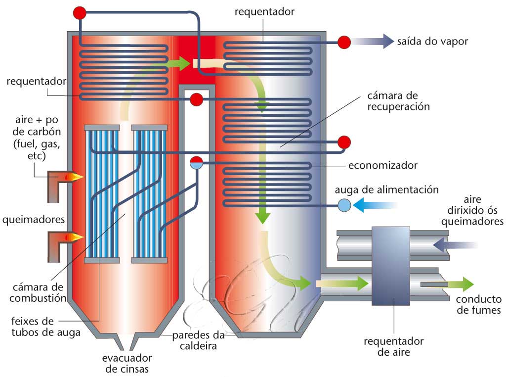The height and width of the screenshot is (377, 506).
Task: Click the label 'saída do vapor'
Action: pos(432,42)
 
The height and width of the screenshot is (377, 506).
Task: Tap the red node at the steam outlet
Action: pos(344,43)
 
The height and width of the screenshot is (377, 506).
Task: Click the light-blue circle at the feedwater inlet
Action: pos(344,204)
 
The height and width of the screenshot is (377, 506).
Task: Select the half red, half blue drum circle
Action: pos(197,163)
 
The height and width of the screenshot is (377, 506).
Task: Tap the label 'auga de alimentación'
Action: pos(386,189)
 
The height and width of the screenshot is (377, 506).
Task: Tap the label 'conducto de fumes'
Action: pos(478,305)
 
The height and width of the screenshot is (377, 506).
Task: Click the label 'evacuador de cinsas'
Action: pos(127,363)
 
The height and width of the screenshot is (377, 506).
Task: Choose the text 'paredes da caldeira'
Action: pos(198,341)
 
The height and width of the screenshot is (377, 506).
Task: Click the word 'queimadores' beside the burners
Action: pos(32,219)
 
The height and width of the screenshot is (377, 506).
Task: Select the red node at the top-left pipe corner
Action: pos(80,13)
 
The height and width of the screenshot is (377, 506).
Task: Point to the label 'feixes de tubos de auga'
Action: pos(40,327)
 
